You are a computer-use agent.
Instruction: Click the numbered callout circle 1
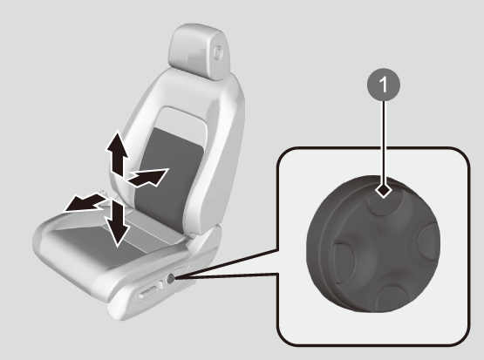point(384,85)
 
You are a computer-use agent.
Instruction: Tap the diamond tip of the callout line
point(384,190)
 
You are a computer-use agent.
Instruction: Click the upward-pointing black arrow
point(117,153)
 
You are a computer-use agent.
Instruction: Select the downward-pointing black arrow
point(117,223)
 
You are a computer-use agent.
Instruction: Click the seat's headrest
point(199,51)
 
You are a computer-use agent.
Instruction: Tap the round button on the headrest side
point(218,52)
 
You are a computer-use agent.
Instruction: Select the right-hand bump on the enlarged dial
point(428,241)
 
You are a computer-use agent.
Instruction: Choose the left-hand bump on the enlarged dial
point(344,262)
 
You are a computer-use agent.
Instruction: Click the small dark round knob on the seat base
point(170,279)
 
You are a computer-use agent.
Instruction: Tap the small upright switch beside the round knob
point(160,284)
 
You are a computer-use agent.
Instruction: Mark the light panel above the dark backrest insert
point(181,124)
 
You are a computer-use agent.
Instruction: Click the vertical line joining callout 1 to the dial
point(384,142)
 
